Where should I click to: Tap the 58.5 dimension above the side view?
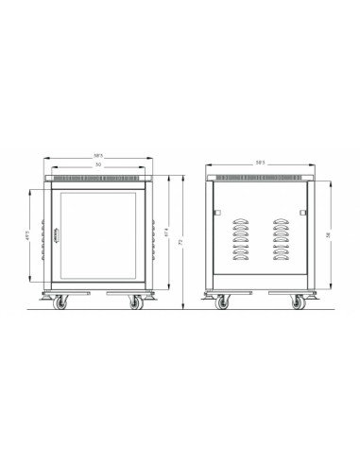coord(262,163)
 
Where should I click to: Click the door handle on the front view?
coord(56,236)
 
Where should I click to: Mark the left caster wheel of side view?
coord(224,303)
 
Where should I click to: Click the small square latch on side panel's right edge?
coord(303,213)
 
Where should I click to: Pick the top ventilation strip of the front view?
coord(98,177)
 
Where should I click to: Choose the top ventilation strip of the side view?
coord(262,177)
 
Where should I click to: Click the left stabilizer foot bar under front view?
coord(59,292)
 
